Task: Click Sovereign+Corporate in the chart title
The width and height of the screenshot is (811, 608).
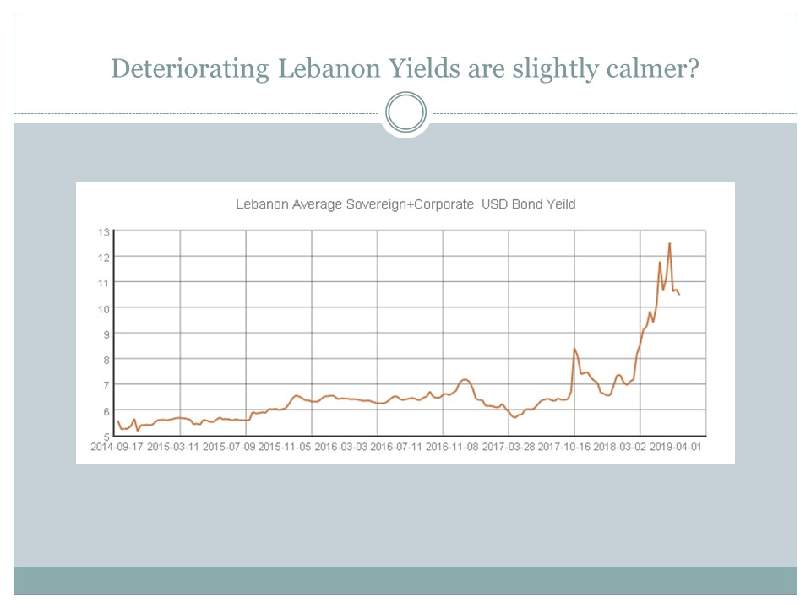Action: click(x=410, y=204)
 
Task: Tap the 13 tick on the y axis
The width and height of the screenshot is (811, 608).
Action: click(x=106, y=231)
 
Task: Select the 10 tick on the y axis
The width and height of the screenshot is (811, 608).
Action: click(x=106, y=308)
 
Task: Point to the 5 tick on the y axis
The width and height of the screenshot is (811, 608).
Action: click(x=107, y=437)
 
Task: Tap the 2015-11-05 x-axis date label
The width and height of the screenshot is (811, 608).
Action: click(x=284, y=447)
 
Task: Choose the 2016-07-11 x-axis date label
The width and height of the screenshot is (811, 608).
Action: click(x=396, y=447)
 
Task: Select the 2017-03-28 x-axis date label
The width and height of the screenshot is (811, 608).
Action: click(x=508, y=447)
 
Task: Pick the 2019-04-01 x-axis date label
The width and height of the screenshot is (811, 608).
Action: click(x=675, y=447)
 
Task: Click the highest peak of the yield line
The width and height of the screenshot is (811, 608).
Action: click(x=670, y=244)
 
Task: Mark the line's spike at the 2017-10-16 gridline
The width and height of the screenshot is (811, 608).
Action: click(x=574, y=349)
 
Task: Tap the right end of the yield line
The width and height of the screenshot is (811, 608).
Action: click(x=680, y=294)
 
